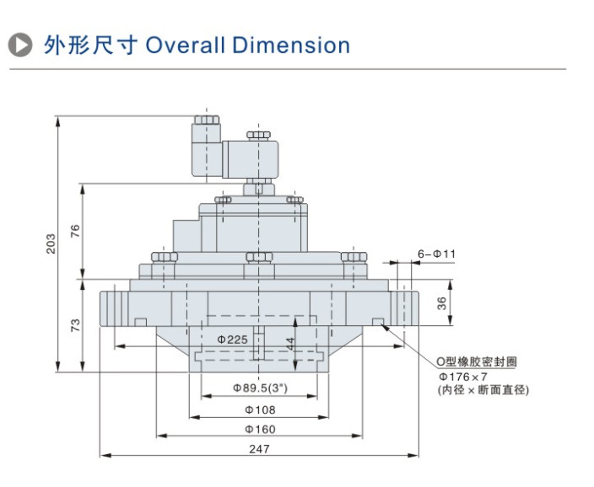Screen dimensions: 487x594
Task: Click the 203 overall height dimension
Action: (51, 243)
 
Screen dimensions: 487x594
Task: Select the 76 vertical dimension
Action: (75, 232)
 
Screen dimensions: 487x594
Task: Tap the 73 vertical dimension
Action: (75, 324)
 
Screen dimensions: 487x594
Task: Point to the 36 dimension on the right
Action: (441, 304)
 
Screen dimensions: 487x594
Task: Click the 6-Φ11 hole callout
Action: (436, 254)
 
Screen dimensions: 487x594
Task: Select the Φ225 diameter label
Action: (232, 339)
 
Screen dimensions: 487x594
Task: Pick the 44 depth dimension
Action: (289, 344)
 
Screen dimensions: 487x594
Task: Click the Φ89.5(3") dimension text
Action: (260, 388)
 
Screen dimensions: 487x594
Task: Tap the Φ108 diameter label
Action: (260, 409)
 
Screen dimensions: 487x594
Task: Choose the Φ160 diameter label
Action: (260, 430)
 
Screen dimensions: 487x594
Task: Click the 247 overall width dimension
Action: (260, 449)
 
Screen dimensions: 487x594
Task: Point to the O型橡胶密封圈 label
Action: (476, 361)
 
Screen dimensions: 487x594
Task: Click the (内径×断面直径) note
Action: (483, 390)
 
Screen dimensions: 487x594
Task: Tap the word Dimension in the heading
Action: (291, 45)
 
